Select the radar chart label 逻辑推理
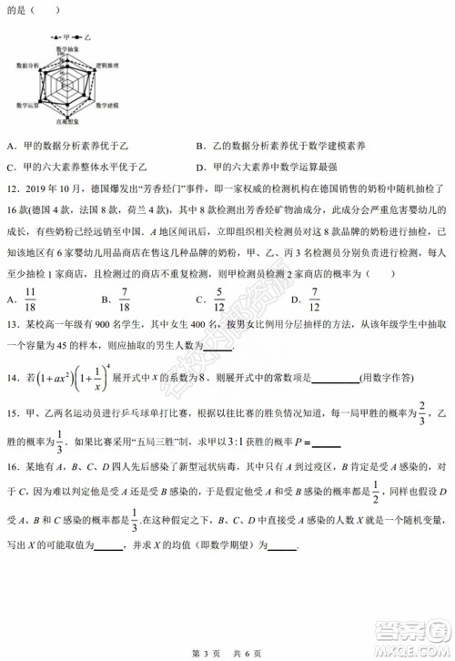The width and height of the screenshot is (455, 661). click(x=111, y=66)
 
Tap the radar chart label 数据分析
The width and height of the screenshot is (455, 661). click(x=25, y=66)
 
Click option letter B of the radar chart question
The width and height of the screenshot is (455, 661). click(x=200, y=147)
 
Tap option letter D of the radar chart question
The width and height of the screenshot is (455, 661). click(x=200, y=167)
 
